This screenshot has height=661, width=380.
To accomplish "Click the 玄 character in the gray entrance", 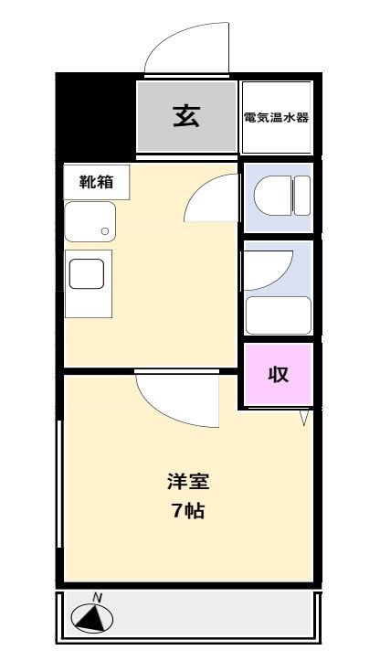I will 186,116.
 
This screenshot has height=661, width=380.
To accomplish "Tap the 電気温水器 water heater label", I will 276,117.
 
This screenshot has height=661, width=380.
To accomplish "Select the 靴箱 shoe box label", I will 96,181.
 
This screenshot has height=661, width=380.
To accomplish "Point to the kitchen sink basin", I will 89,221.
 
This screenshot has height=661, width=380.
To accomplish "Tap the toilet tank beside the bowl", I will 301,196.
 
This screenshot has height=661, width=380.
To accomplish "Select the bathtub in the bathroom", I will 279,315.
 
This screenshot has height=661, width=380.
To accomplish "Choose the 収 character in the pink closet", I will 278,374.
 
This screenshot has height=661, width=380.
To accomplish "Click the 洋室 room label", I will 183,480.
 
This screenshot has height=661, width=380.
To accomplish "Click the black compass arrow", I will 90,621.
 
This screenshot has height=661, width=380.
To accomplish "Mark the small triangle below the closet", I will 305,417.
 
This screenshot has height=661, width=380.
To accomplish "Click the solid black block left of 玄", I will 95,114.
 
